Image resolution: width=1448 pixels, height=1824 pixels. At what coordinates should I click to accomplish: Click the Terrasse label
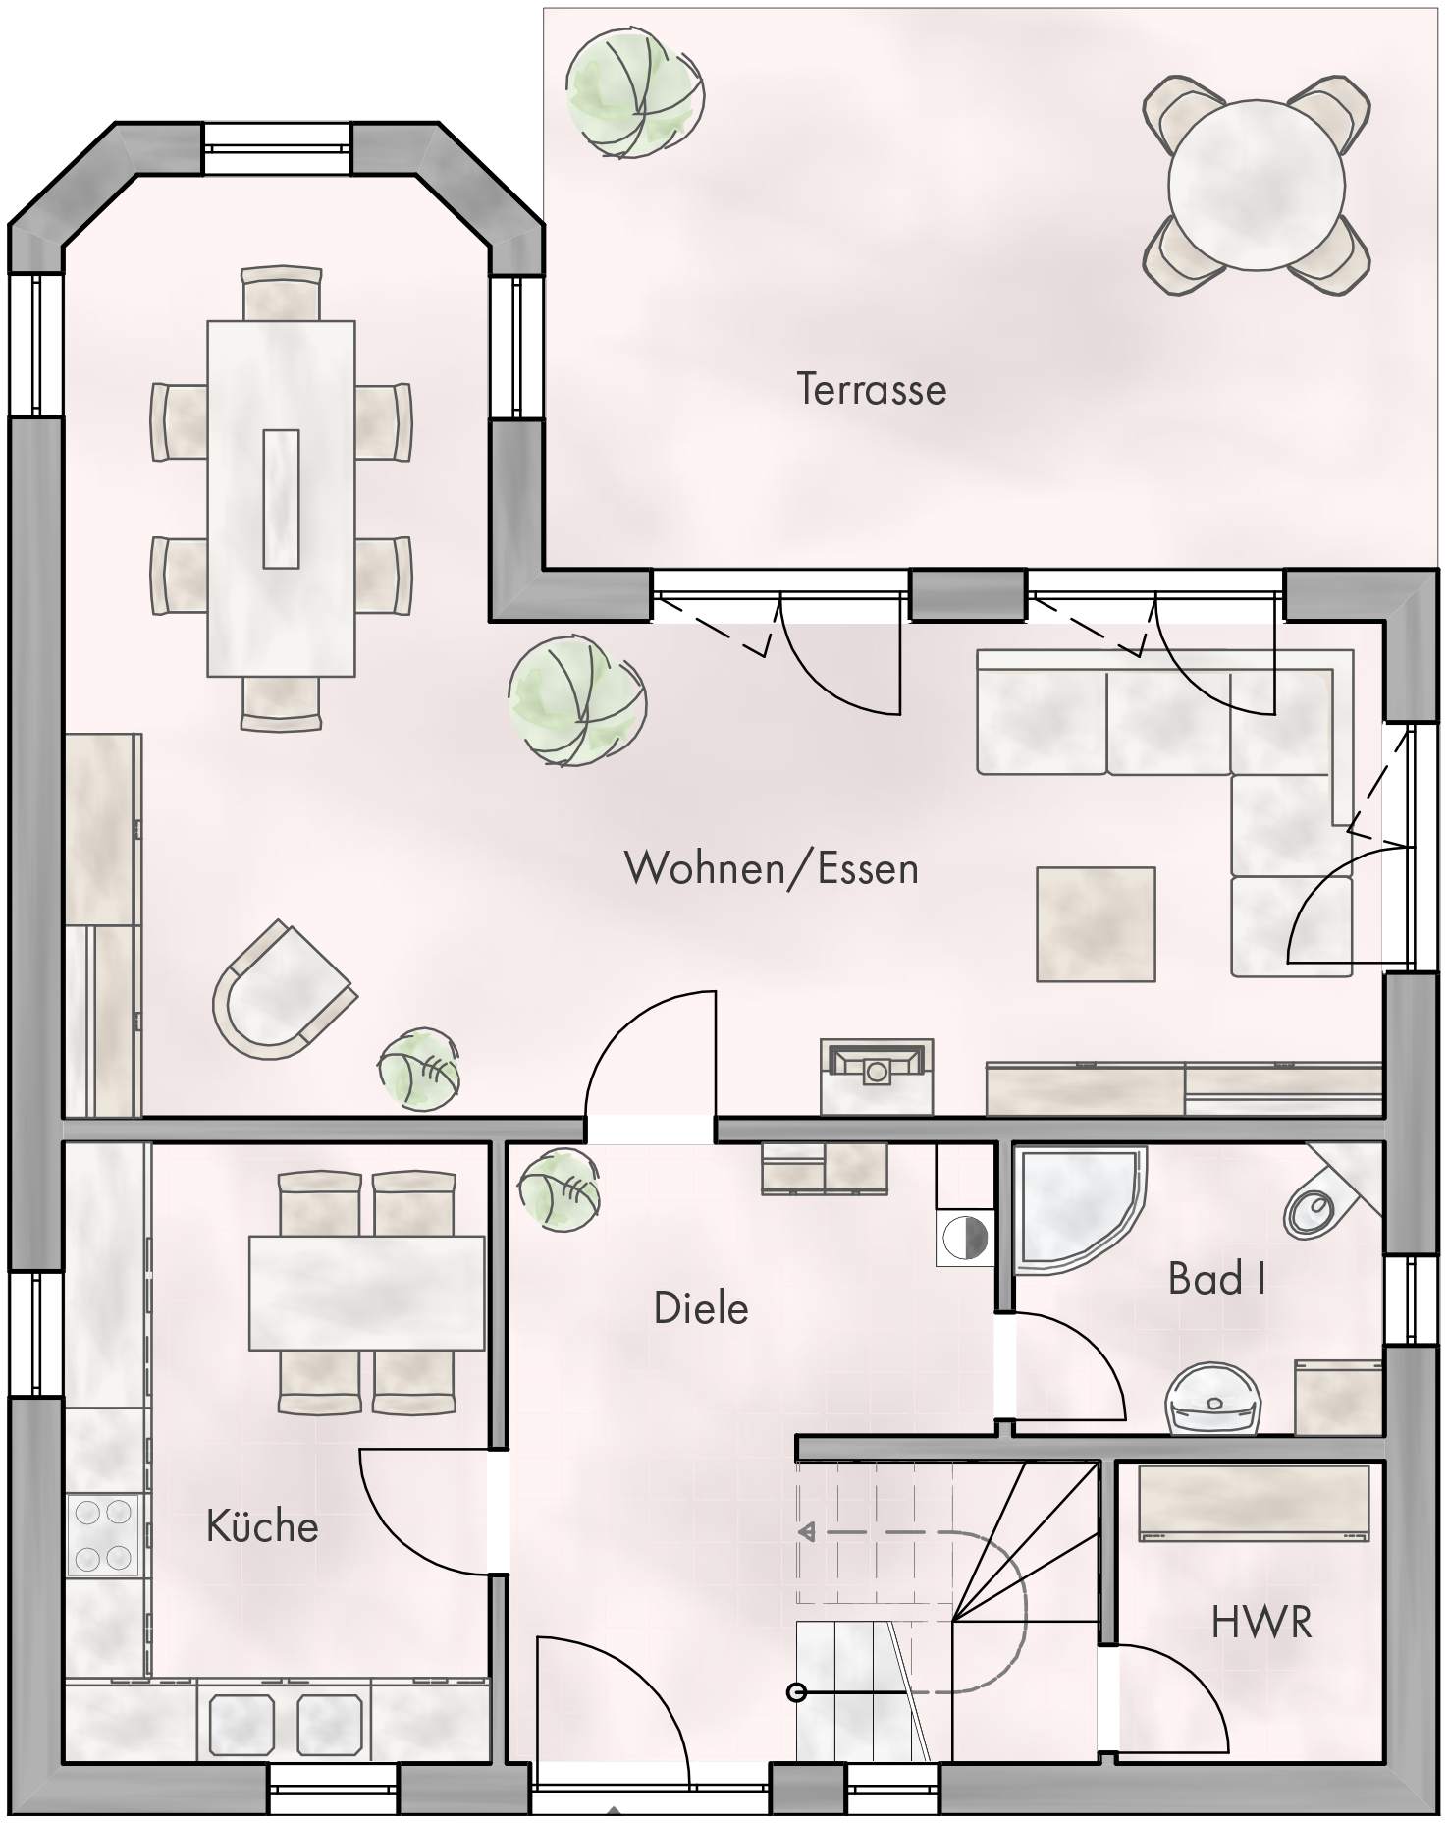coord(872,389)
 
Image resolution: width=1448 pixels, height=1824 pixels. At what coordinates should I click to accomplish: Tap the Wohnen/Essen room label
coord(772,868)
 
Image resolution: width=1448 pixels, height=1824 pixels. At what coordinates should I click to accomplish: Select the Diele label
coord(701,1308)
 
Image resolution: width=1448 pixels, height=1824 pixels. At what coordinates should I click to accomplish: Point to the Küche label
coord(262,1525)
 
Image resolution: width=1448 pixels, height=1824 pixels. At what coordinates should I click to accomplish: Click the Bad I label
coord(1216,1278)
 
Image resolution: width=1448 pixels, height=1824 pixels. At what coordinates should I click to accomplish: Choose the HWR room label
coord(1261,1623)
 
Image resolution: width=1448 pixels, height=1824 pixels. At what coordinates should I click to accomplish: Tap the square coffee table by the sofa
coord(1096,923)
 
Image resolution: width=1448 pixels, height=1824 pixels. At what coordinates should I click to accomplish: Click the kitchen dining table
coord(367,1293)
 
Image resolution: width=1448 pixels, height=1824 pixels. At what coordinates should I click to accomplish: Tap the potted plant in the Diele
coord(558,1188)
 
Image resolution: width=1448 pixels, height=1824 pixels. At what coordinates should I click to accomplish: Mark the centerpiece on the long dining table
coord(281,498)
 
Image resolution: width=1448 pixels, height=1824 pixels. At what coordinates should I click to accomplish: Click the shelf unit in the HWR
coord(1254,1503)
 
